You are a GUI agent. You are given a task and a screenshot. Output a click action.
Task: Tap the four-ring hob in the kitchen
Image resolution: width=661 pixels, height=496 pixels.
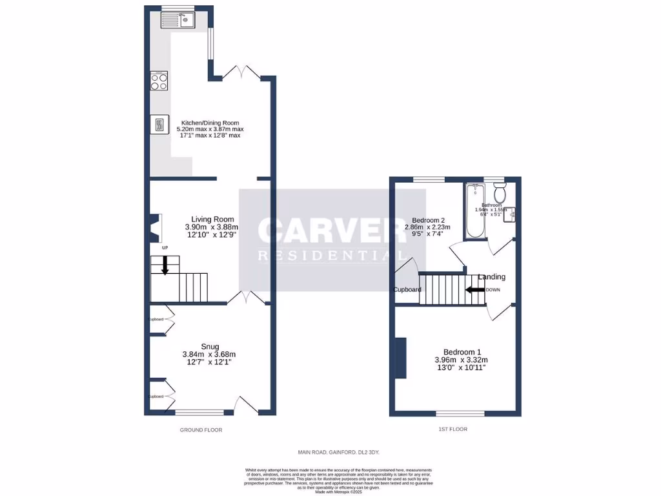click(x=159, y=81)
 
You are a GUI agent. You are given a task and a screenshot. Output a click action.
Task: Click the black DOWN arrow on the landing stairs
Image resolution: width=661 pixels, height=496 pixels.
click(x=476, y=290)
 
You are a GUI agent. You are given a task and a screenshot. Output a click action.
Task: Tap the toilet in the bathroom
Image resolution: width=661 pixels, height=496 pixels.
click(x=498, y=192)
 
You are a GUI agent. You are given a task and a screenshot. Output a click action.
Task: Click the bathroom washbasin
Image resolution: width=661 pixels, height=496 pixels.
click(x=509, y=213)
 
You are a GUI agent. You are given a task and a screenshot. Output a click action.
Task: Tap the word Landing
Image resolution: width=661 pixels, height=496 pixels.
click(x=491, y=277)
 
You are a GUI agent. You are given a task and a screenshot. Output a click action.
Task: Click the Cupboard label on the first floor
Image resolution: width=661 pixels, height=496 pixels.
click(x=408, y=289)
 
